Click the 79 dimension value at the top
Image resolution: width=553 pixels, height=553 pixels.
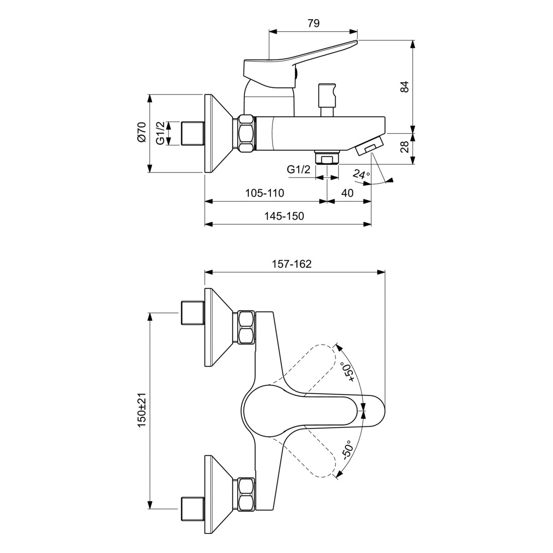point(313,23)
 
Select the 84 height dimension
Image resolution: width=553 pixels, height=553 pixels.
point(405,87)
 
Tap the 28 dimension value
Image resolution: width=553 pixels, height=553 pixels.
point(405,146)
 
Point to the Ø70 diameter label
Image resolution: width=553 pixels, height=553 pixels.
point(141,132)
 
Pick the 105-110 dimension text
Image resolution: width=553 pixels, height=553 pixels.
point(264,193)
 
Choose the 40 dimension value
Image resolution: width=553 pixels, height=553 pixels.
point(347,193)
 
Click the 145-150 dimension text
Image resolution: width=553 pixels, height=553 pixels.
point(284,216)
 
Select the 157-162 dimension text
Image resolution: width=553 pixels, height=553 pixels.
point(292,264)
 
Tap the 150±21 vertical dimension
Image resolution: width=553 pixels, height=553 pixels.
point(142,410)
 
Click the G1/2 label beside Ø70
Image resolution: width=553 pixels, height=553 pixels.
point(160,133)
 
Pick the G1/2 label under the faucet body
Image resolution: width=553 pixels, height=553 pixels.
point(298,169)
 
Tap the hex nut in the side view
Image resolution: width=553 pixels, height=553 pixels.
point(246,133)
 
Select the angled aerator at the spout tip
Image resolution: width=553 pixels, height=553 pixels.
point(370,146)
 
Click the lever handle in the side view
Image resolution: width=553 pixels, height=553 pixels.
point(300,65)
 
